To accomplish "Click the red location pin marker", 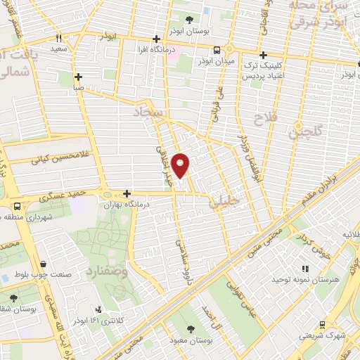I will pyautogui.click(x=181, y=165).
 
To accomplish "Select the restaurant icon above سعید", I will pyautogui.click(x=60, y=38).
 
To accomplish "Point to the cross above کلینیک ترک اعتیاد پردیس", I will pyautogui.click(x=263, y=54).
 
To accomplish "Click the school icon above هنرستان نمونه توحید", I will pyautogui.click(x=305, y=269).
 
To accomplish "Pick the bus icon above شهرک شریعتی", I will pyautogui.click(x=321, y=324).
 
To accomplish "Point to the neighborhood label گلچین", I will pyautogui.click(x=307, y=131).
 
